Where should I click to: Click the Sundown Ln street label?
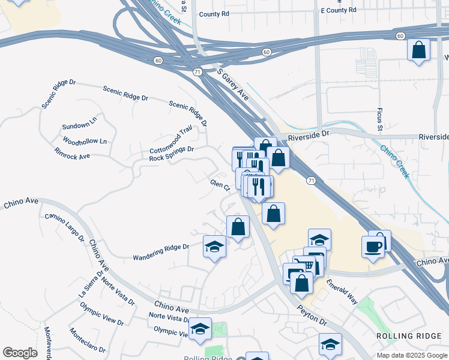[x=79, y=126]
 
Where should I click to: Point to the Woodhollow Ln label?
[x=84, y=142]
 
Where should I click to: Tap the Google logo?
[x=20, y=353]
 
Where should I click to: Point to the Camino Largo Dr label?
[x=64, y=227]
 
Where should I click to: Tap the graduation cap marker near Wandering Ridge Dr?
[x=214, y=247]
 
